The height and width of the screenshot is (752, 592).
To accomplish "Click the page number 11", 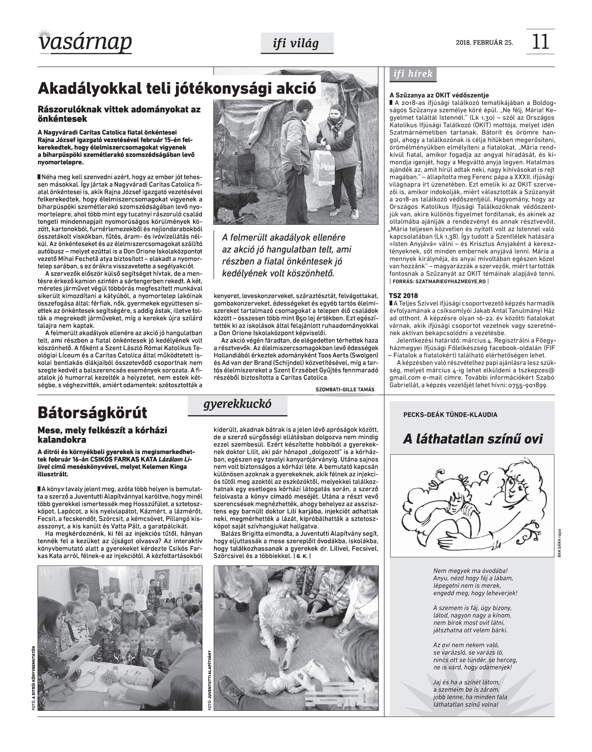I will [540, 42].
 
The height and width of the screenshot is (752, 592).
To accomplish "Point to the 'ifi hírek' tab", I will [413, 74].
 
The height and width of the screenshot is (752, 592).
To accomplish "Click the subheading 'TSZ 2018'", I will [403, 296].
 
